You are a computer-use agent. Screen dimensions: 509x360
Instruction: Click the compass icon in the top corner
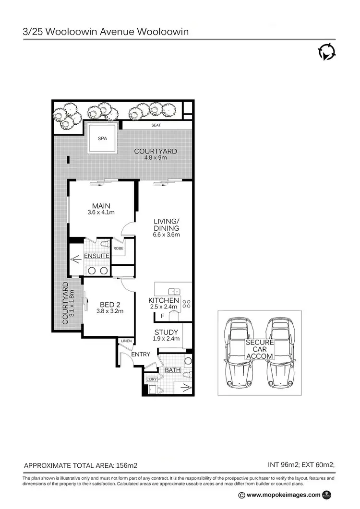coord(326,52)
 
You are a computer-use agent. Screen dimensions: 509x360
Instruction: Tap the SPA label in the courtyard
coord(102,138)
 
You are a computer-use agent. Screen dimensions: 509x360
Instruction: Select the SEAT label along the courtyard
coord(156,125)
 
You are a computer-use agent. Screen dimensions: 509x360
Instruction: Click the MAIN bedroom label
coord(102,206)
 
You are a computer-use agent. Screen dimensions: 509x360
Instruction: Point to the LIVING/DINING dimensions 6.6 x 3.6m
coord(167,235)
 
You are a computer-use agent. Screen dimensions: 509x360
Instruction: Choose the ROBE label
coord(118,249)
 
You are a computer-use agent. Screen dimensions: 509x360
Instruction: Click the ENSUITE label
coord(97,256)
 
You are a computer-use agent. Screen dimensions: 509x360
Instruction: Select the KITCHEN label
coord(164,300)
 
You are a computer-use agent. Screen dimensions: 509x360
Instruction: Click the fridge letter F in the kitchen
coord(162,316)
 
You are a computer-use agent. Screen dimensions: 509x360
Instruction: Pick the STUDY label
coord(166,332)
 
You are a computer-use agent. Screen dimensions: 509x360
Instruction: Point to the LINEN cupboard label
coord(127,341)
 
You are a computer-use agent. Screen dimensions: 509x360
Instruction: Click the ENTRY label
coord(140,354)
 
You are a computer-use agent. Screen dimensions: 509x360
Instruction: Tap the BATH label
coord(172,370)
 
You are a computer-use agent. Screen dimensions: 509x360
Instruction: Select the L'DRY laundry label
coord(152,380)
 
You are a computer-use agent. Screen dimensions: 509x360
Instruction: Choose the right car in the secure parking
coord(280,353)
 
